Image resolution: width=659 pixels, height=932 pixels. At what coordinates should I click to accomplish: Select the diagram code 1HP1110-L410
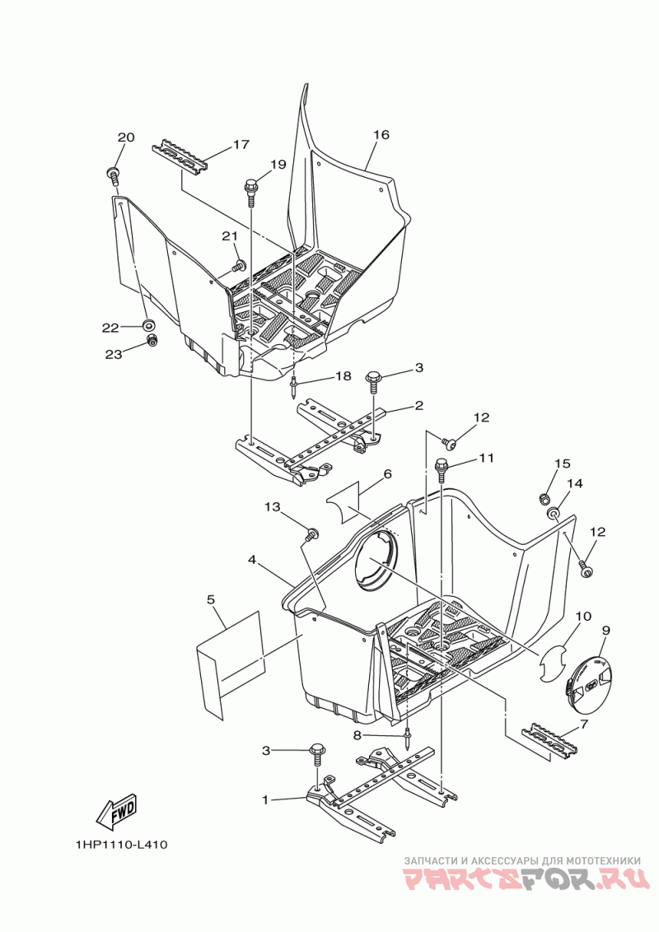pyautogui.click(x=120, y=845)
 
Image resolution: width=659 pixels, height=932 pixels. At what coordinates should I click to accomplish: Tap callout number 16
pyautogui.click(x=380, y=135)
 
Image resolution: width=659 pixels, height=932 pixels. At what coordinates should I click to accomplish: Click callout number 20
pyautogui.click(x=124, y=137)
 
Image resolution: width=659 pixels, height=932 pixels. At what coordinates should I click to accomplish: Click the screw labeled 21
pyautogui.click(x=241, y=265)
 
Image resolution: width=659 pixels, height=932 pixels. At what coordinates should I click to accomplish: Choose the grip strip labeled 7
pyautogui.click(x=549, y=738)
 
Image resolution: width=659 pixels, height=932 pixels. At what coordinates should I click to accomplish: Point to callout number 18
pyautogui.click(x=342, y=375)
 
